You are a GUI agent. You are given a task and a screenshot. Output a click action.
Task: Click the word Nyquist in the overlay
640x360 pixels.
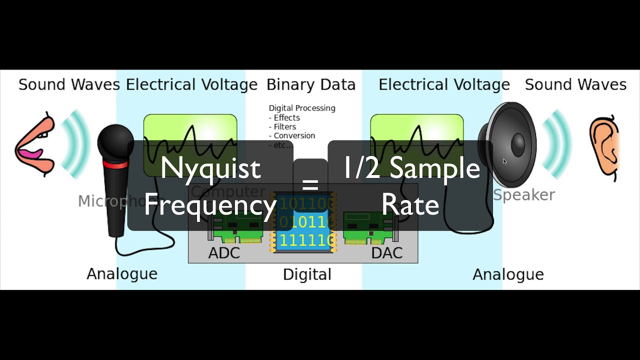[x=210, y=168]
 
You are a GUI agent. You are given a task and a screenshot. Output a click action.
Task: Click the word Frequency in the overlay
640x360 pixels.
[x=210, y=205]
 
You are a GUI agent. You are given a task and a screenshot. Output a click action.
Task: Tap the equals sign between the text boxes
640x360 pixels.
[x=310, y=184]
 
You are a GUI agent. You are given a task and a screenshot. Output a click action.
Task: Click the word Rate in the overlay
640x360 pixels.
[x=410, y=205]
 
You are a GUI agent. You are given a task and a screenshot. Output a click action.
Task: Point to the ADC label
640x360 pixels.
[x=224, y=253]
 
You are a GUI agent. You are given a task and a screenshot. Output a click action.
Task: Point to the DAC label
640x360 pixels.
[x=386, y=253]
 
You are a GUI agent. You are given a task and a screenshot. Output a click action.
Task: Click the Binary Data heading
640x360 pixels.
[x=310, y=84]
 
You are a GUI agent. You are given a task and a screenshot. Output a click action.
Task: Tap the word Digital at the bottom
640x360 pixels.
[x=307, y=274]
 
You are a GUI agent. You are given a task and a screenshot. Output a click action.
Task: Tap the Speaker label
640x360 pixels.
[x=523, y=195]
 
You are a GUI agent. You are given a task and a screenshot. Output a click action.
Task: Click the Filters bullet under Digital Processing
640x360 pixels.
[x=284, y=126]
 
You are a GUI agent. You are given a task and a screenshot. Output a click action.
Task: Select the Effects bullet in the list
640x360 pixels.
[x=286, y=117]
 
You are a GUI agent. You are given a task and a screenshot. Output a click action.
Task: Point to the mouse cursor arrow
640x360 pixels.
[x=504, y=161]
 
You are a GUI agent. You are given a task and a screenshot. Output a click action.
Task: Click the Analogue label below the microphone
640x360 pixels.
[x=121, y=274]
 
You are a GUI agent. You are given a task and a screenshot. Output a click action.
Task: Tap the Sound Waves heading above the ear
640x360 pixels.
[x=575, y=84]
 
